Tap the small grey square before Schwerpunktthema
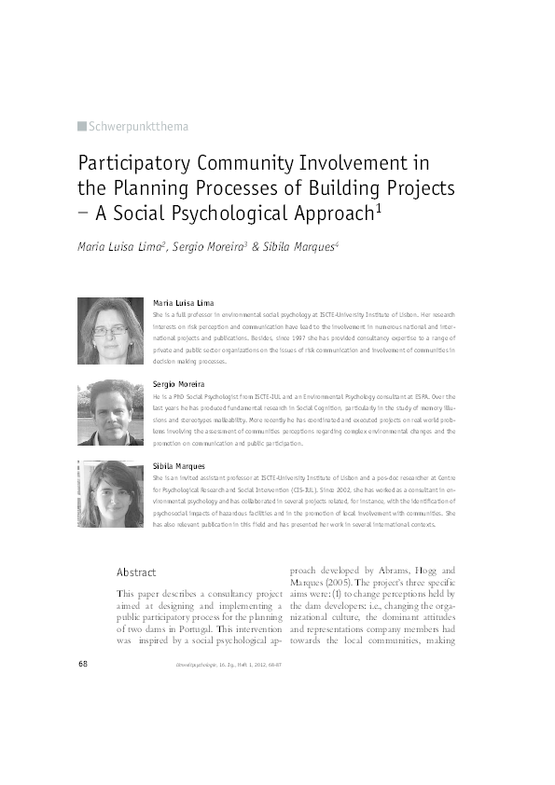tap(81, 126)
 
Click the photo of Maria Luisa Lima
tap(110, 331)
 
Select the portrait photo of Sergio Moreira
tap(110, 412)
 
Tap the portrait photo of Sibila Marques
tap(110, 493)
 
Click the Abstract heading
tap(136, 572)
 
